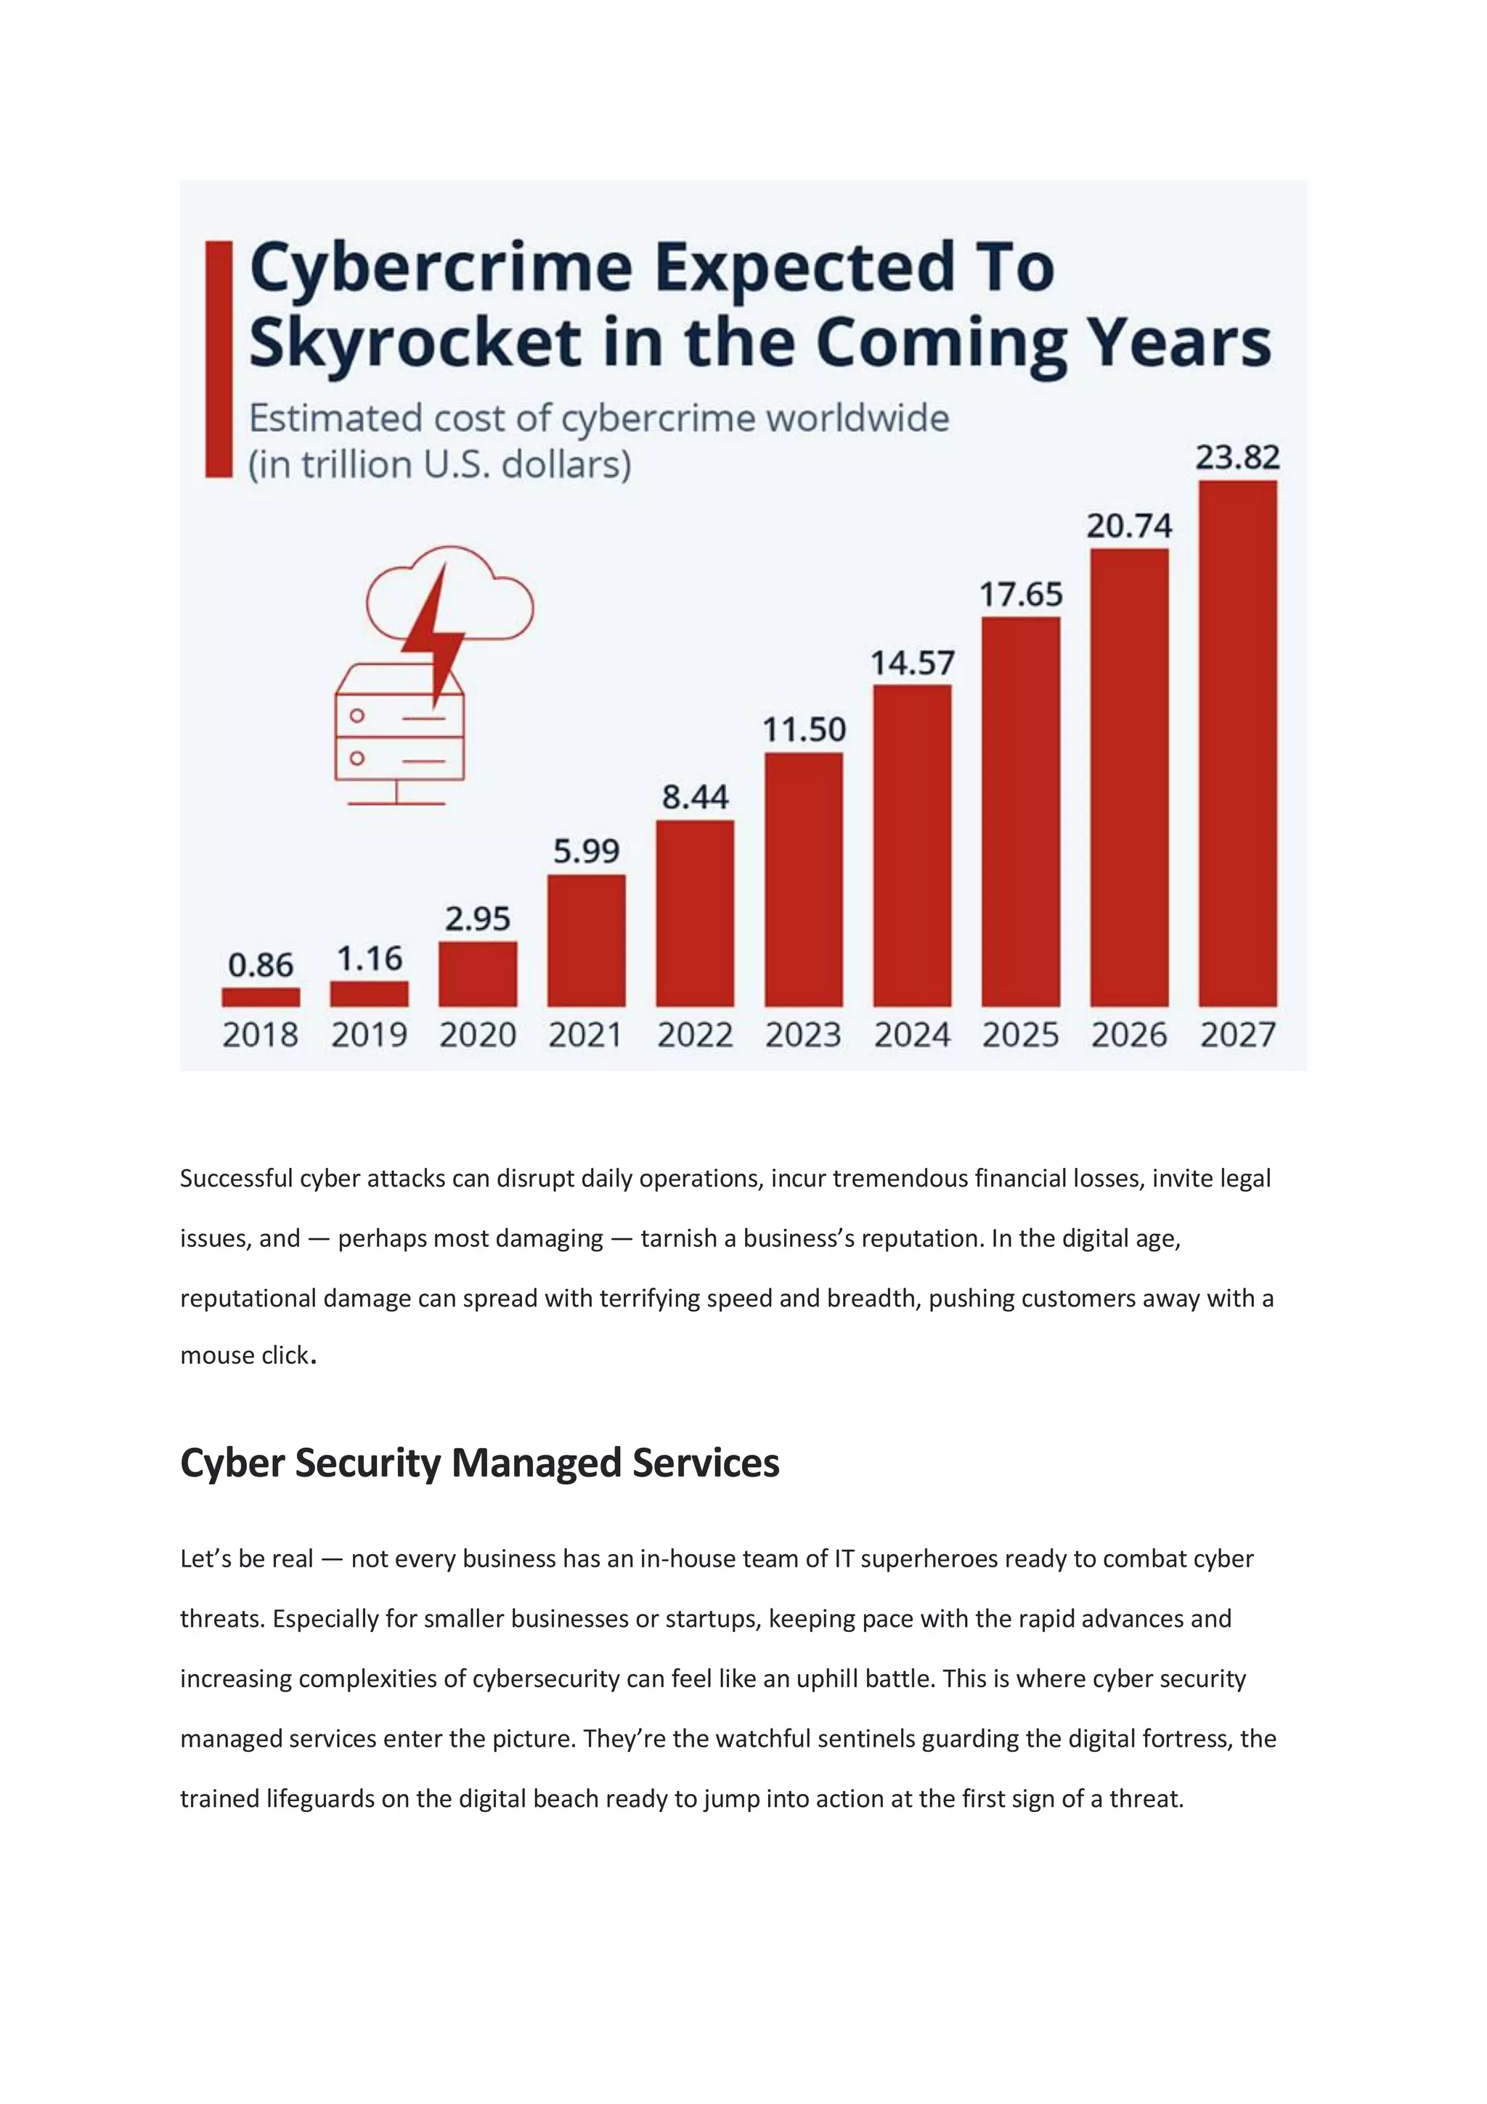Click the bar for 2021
click(587, 941)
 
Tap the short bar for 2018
click(261, 997)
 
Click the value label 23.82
click(1237, 458)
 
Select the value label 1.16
click(370, 959)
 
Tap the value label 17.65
click(1021, 595)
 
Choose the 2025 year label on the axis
click(1021, 1036)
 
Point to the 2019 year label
click(370, 1036)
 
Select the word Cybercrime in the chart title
click(441, 267)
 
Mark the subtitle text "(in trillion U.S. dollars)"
click(440, 465)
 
